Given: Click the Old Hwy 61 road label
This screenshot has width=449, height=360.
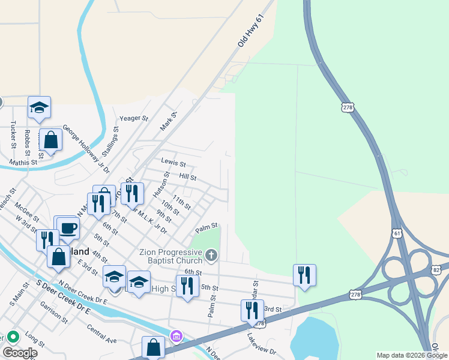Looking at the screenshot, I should [x=251, y=32].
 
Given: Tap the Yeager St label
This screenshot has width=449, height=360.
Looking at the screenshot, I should [x=134, y=119].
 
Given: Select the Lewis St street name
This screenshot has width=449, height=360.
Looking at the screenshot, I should [x=173, y=163].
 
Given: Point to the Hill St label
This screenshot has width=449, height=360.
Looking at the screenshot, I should [x=188, y=177].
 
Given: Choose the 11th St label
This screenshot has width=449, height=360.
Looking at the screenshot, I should [x=181, y=202].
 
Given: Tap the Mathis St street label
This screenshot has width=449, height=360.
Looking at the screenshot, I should [x=23, y=162].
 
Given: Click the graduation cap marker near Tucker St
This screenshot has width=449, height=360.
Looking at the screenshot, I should [x=39, y=107].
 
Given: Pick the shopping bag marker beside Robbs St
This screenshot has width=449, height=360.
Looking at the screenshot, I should [x=51, y=140].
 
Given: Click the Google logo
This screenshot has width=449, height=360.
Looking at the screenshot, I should [x=20, y=352].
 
